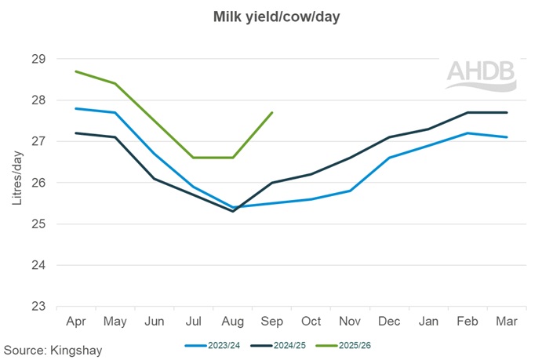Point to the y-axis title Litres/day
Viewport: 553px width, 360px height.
click(16, 182)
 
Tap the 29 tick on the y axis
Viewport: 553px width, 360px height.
click(39, 59)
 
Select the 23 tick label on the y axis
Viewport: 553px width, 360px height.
click(39, 307)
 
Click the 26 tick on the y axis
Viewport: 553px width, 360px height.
click(39, 183)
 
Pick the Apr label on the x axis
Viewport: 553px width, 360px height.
click(75, 322)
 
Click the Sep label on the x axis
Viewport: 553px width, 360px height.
click(271, 322)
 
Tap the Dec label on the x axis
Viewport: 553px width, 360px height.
click(389, 322)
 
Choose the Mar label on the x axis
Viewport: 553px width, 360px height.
click(507, 322)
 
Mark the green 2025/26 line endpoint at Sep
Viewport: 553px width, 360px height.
click(271, 112)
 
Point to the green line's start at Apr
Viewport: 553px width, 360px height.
click(75, 71)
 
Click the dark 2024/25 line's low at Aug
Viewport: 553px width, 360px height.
click(232, 211)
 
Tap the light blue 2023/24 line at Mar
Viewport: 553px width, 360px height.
click(507, 137)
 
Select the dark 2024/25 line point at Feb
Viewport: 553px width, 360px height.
click(468, 112)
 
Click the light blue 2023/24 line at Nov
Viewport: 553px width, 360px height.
click(350, 191)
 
